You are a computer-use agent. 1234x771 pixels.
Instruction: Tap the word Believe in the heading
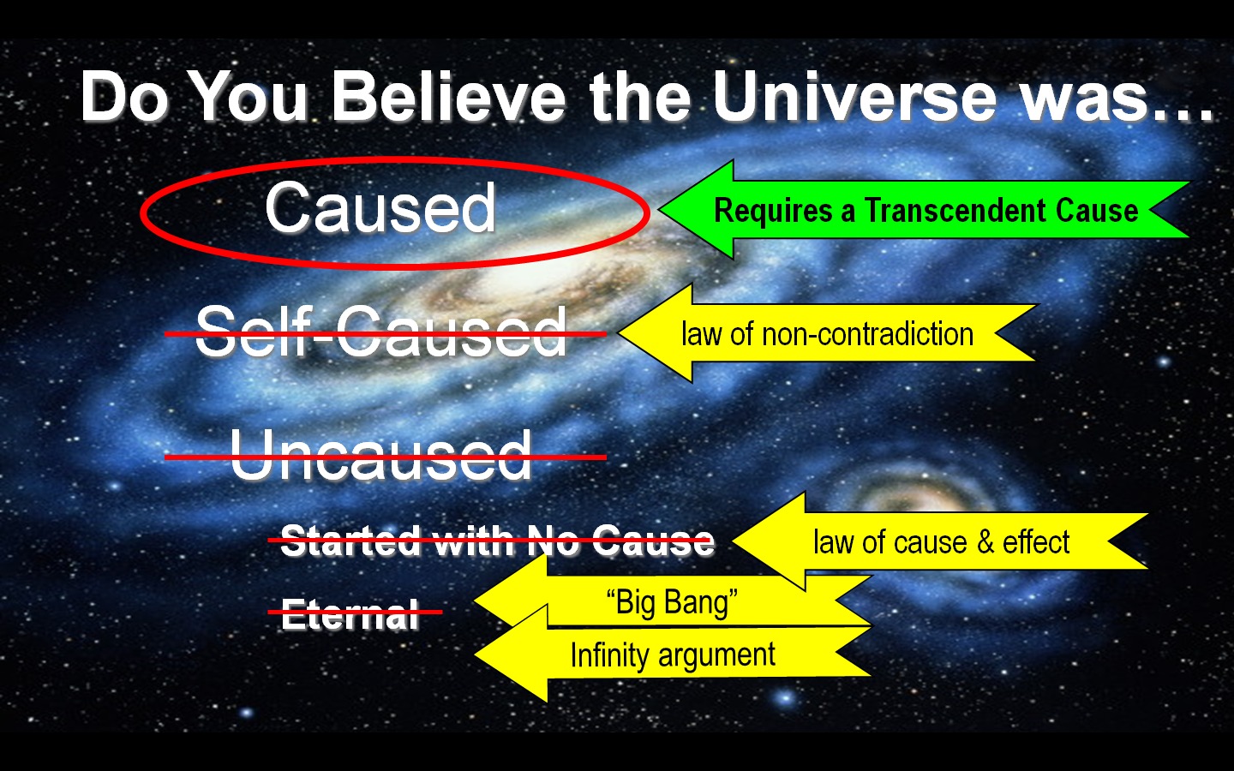449,97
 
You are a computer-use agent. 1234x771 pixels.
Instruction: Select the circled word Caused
380,208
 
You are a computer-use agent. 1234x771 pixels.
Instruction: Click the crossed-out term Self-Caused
381,332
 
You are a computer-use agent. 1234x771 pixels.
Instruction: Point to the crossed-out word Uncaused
381,455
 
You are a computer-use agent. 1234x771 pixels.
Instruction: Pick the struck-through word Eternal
350,614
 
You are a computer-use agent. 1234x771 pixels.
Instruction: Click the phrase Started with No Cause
497,541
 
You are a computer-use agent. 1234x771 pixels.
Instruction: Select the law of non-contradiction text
827,334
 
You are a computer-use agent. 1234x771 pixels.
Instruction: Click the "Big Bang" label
672,602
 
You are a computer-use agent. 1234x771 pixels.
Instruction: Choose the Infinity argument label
673,656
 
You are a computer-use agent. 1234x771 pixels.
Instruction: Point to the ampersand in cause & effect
985,542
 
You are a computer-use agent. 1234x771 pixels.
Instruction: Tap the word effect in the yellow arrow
1036,542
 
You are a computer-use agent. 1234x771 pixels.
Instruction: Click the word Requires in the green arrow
773,211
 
